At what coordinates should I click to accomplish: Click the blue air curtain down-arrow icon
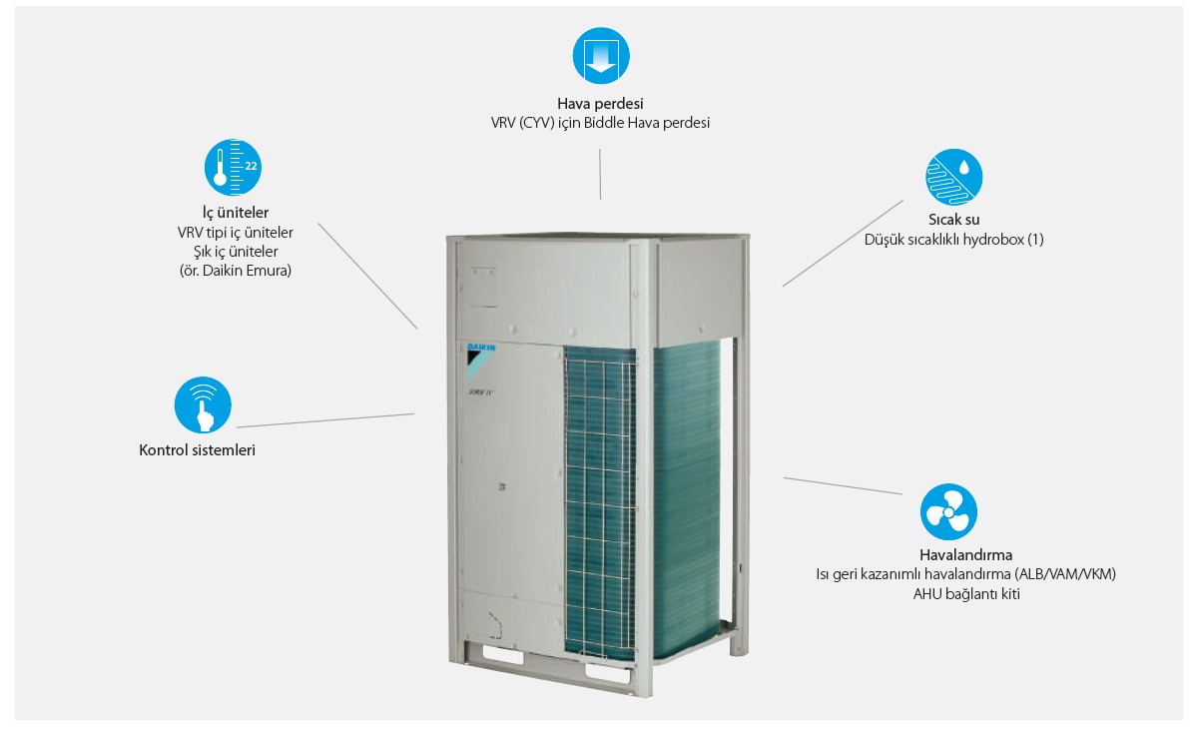(600, 56)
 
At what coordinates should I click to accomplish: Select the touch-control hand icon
(203, 404)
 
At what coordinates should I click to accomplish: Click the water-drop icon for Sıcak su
(953, 176)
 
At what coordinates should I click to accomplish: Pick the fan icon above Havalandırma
(948, 512)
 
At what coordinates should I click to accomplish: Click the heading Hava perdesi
(599, 103)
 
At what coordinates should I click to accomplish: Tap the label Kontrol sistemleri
(198, 450)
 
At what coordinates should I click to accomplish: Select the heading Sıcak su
(953, 220)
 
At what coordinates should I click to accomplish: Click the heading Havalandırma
(965, 554)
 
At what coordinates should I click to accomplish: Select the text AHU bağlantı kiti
(965, 594)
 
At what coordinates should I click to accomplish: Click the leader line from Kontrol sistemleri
(325, 420)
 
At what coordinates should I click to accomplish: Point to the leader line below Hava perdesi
(600, 175)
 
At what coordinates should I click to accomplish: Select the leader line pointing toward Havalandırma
(843, 485)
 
